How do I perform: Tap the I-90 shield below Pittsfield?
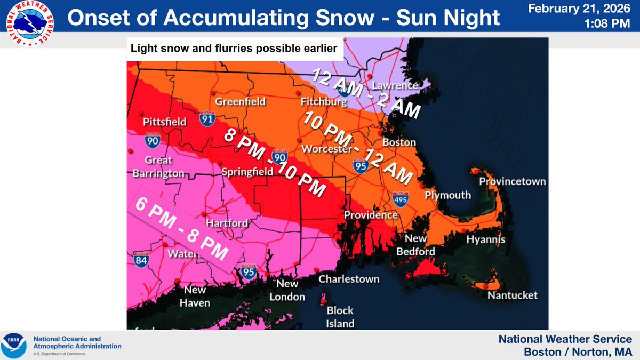tap(152, 141)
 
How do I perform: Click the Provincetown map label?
tap(512, 181)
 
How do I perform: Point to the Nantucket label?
tap(513, 295)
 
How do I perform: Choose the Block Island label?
tap(340, 317)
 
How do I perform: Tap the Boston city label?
tap(399, 142)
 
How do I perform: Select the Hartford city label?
tap(227, 223)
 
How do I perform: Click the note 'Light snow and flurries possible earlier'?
tap(234, 49)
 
